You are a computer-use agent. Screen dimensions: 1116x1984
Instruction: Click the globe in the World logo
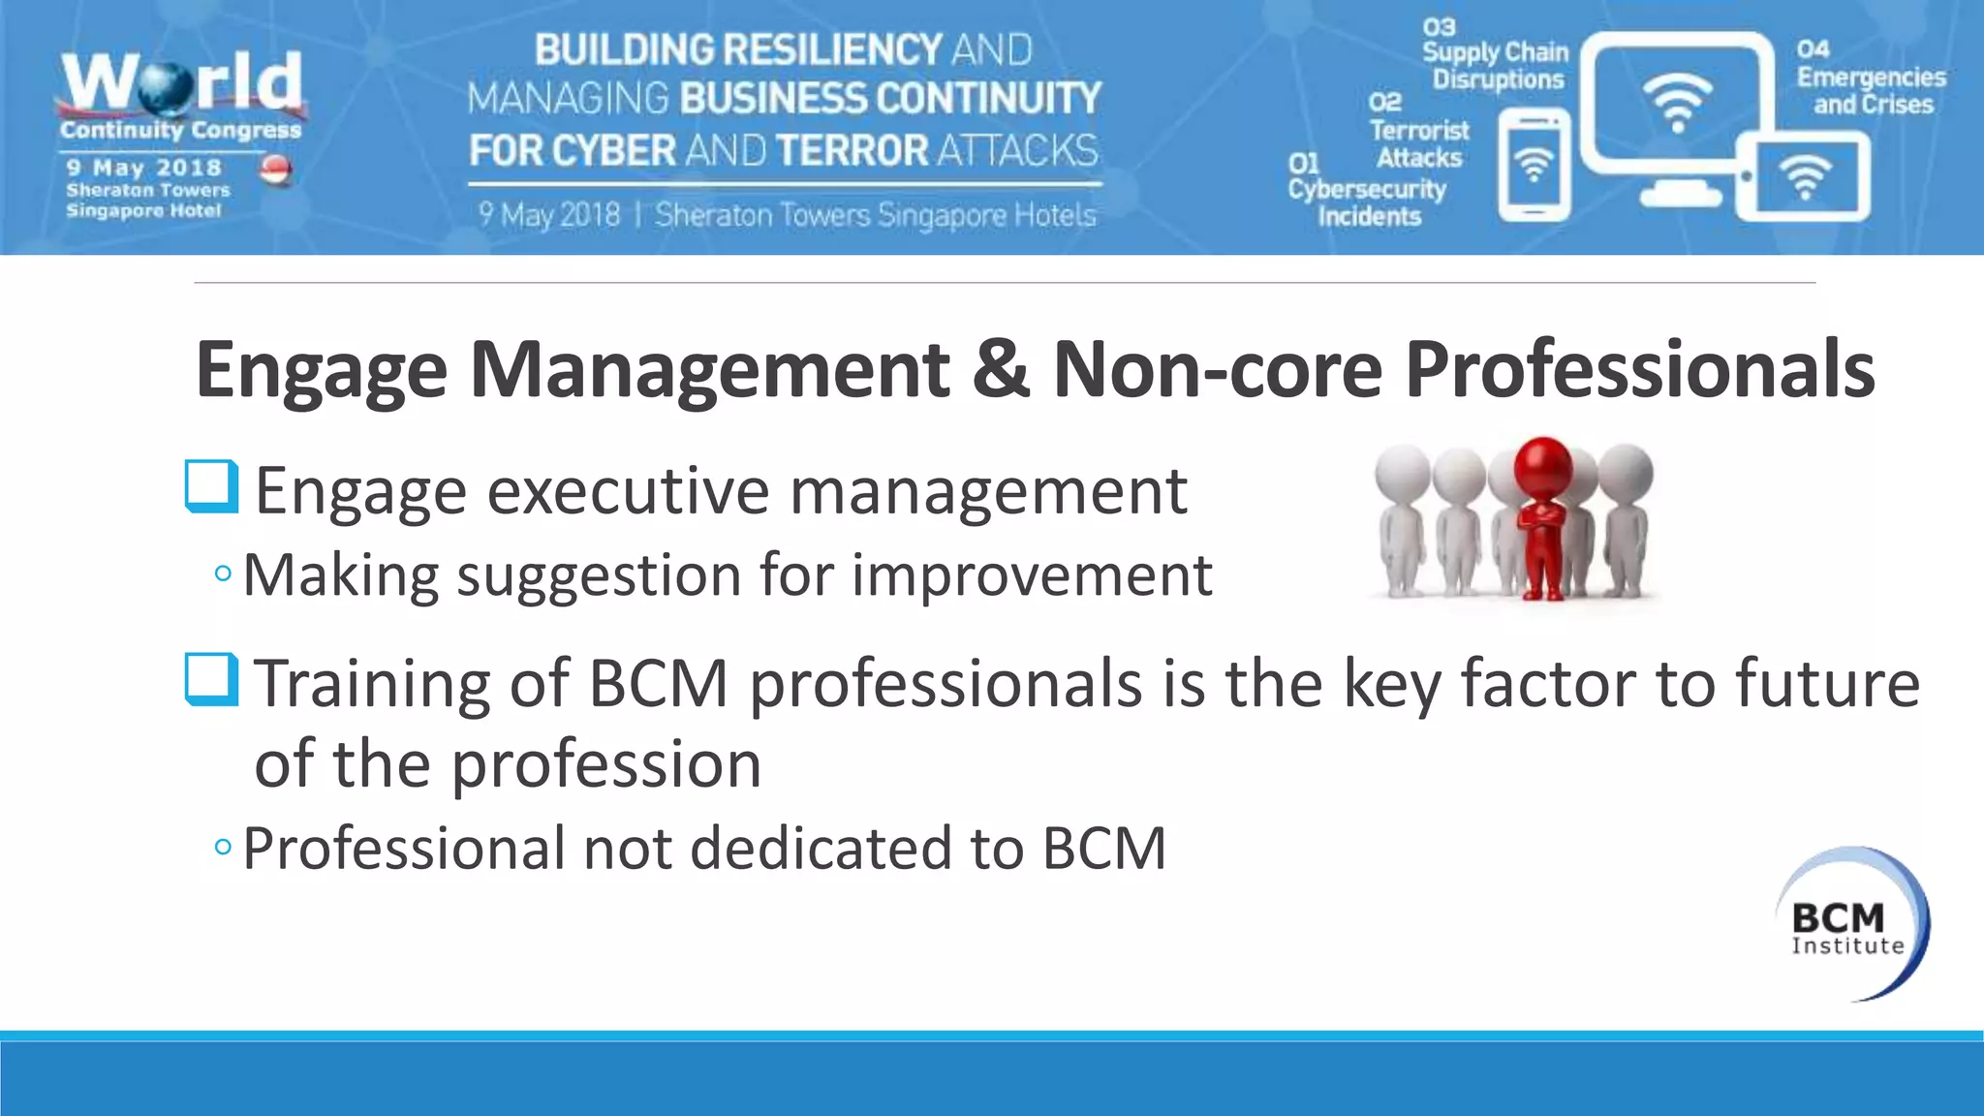pos(166,86)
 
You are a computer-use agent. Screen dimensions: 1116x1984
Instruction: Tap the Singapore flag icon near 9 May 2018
pos(276,170)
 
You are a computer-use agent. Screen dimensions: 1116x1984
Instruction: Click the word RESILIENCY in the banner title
pos(834,50)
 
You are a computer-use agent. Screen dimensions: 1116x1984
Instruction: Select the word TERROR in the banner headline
pos(852,151)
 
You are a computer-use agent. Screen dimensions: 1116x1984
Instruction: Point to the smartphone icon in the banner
pos(1534,165)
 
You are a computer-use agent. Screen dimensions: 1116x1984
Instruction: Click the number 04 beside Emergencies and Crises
pos(1813,49)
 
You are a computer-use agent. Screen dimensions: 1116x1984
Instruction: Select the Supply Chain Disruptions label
pos(1496,65)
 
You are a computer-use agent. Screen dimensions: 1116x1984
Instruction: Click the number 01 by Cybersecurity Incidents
pos(1304,164)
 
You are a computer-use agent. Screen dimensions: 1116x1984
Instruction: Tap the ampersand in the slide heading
pos(1001,369)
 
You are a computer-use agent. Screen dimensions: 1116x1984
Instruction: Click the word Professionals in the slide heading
pos(1639,369)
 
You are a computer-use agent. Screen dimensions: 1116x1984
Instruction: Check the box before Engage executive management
pos(211,486)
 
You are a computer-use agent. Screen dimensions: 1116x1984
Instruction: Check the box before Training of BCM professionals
pos(211,680)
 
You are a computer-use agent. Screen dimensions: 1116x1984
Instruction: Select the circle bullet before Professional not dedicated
pos(223,848)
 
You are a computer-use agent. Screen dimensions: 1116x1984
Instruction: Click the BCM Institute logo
pos(1850,924)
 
